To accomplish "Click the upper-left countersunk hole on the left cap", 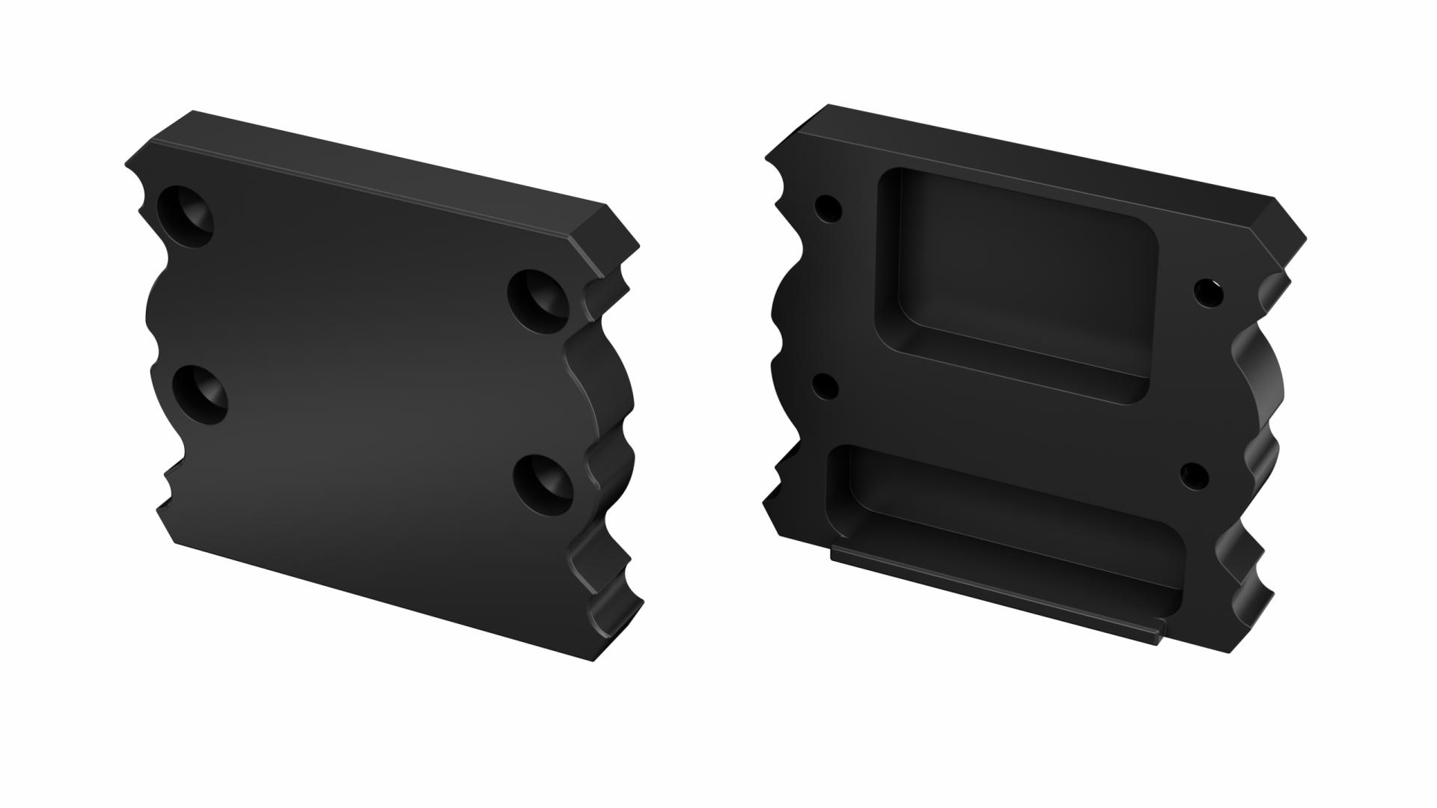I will pos(186,215).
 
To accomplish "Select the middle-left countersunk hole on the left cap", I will pos(200,394).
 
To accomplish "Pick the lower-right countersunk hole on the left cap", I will pos(544,484).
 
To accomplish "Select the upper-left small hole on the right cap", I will pos(828,208).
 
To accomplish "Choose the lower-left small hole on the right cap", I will pos(825,387).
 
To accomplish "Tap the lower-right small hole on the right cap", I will pos(1194,475).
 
